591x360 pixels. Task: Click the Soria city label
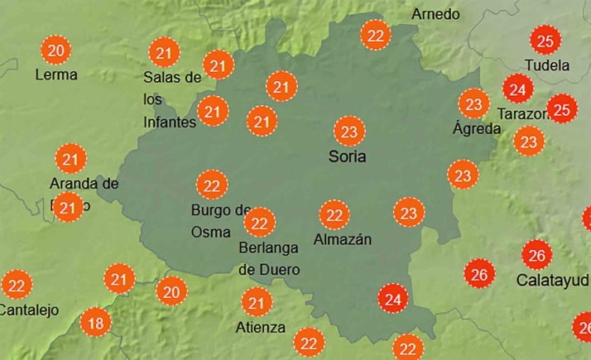pos(347,156)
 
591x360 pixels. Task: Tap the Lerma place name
pos(56,74)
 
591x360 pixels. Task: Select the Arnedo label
pos(435,14)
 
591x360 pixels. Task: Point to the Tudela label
pos(547,65)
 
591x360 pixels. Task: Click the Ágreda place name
pos(477,128)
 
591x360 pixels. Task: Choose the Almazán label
pos(343,240)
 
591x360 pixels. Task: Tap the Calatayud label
pos(552,280)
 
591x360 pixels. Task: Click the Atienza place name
pos(260,327)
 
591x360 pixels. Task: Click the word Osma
pos(211,232)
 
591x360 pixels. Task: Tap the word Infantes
pos(170,122)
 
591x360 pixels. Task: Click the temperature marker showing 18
pos(96,323)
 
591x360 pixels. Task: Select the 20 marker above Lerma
pos(56,50)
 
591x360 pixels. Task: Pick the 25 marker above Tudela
pos(545,41)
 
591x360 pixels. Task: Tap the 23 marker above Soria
pos(349,131)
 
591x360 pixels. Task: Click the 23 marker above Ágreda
pos(473,104)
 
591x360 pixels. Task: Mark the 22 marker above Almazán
pos(334,215)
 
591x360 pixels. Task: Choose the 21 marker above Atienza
pos(257,302)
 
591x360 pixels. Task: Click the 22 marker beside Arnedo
pos(377,35)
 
